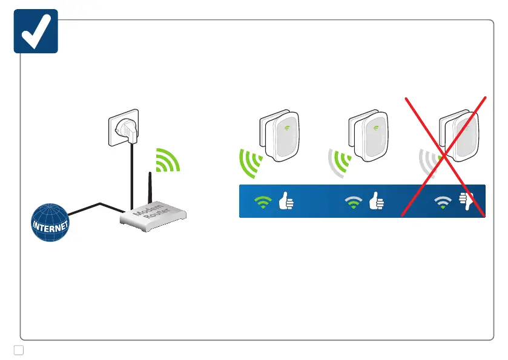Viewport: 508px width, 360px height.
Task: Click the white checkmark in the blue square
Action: [x=35, y=31]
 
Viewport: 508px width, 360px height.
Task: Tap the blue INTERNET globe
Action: [x=51, y=222]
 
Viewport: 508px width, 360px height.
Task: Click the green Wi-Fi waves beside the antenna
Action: [x=167, y=160]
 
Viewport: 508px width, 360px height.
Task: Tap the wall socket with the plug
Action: [x=123, y=129]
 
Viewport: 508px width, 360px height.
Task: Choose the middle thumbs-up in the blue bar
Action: [x=376, y=200]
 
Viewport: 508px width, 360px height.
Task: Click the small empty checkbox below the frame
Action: [x=18, y=350]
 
